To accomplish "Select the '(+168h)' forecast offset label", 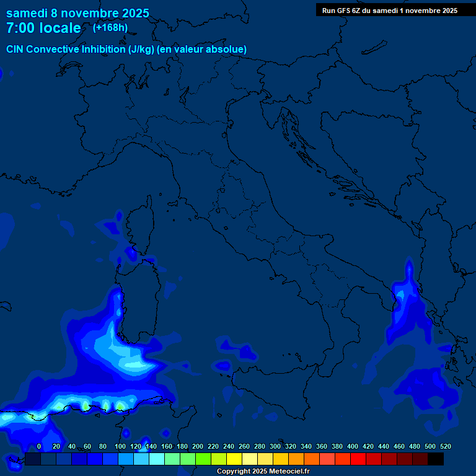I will click(x=110, y=27).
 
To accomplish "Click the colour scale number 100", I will click(x=120, y=446).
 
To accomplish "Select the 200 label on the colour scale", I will click(x=197, y=446).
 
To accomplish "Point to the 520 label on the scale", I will click(x=445, y=446).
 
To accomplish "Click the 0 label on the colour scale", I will click(x=39, y=446).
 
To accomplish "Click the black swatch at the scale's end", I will click(x=436, y=459).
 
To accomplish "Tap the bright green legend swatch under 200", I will click(x=203, y=459).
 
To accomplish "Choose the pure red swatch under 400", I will click(x=358, y=459).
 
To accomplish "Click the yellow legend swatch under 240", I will click(x=234, y=459).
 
